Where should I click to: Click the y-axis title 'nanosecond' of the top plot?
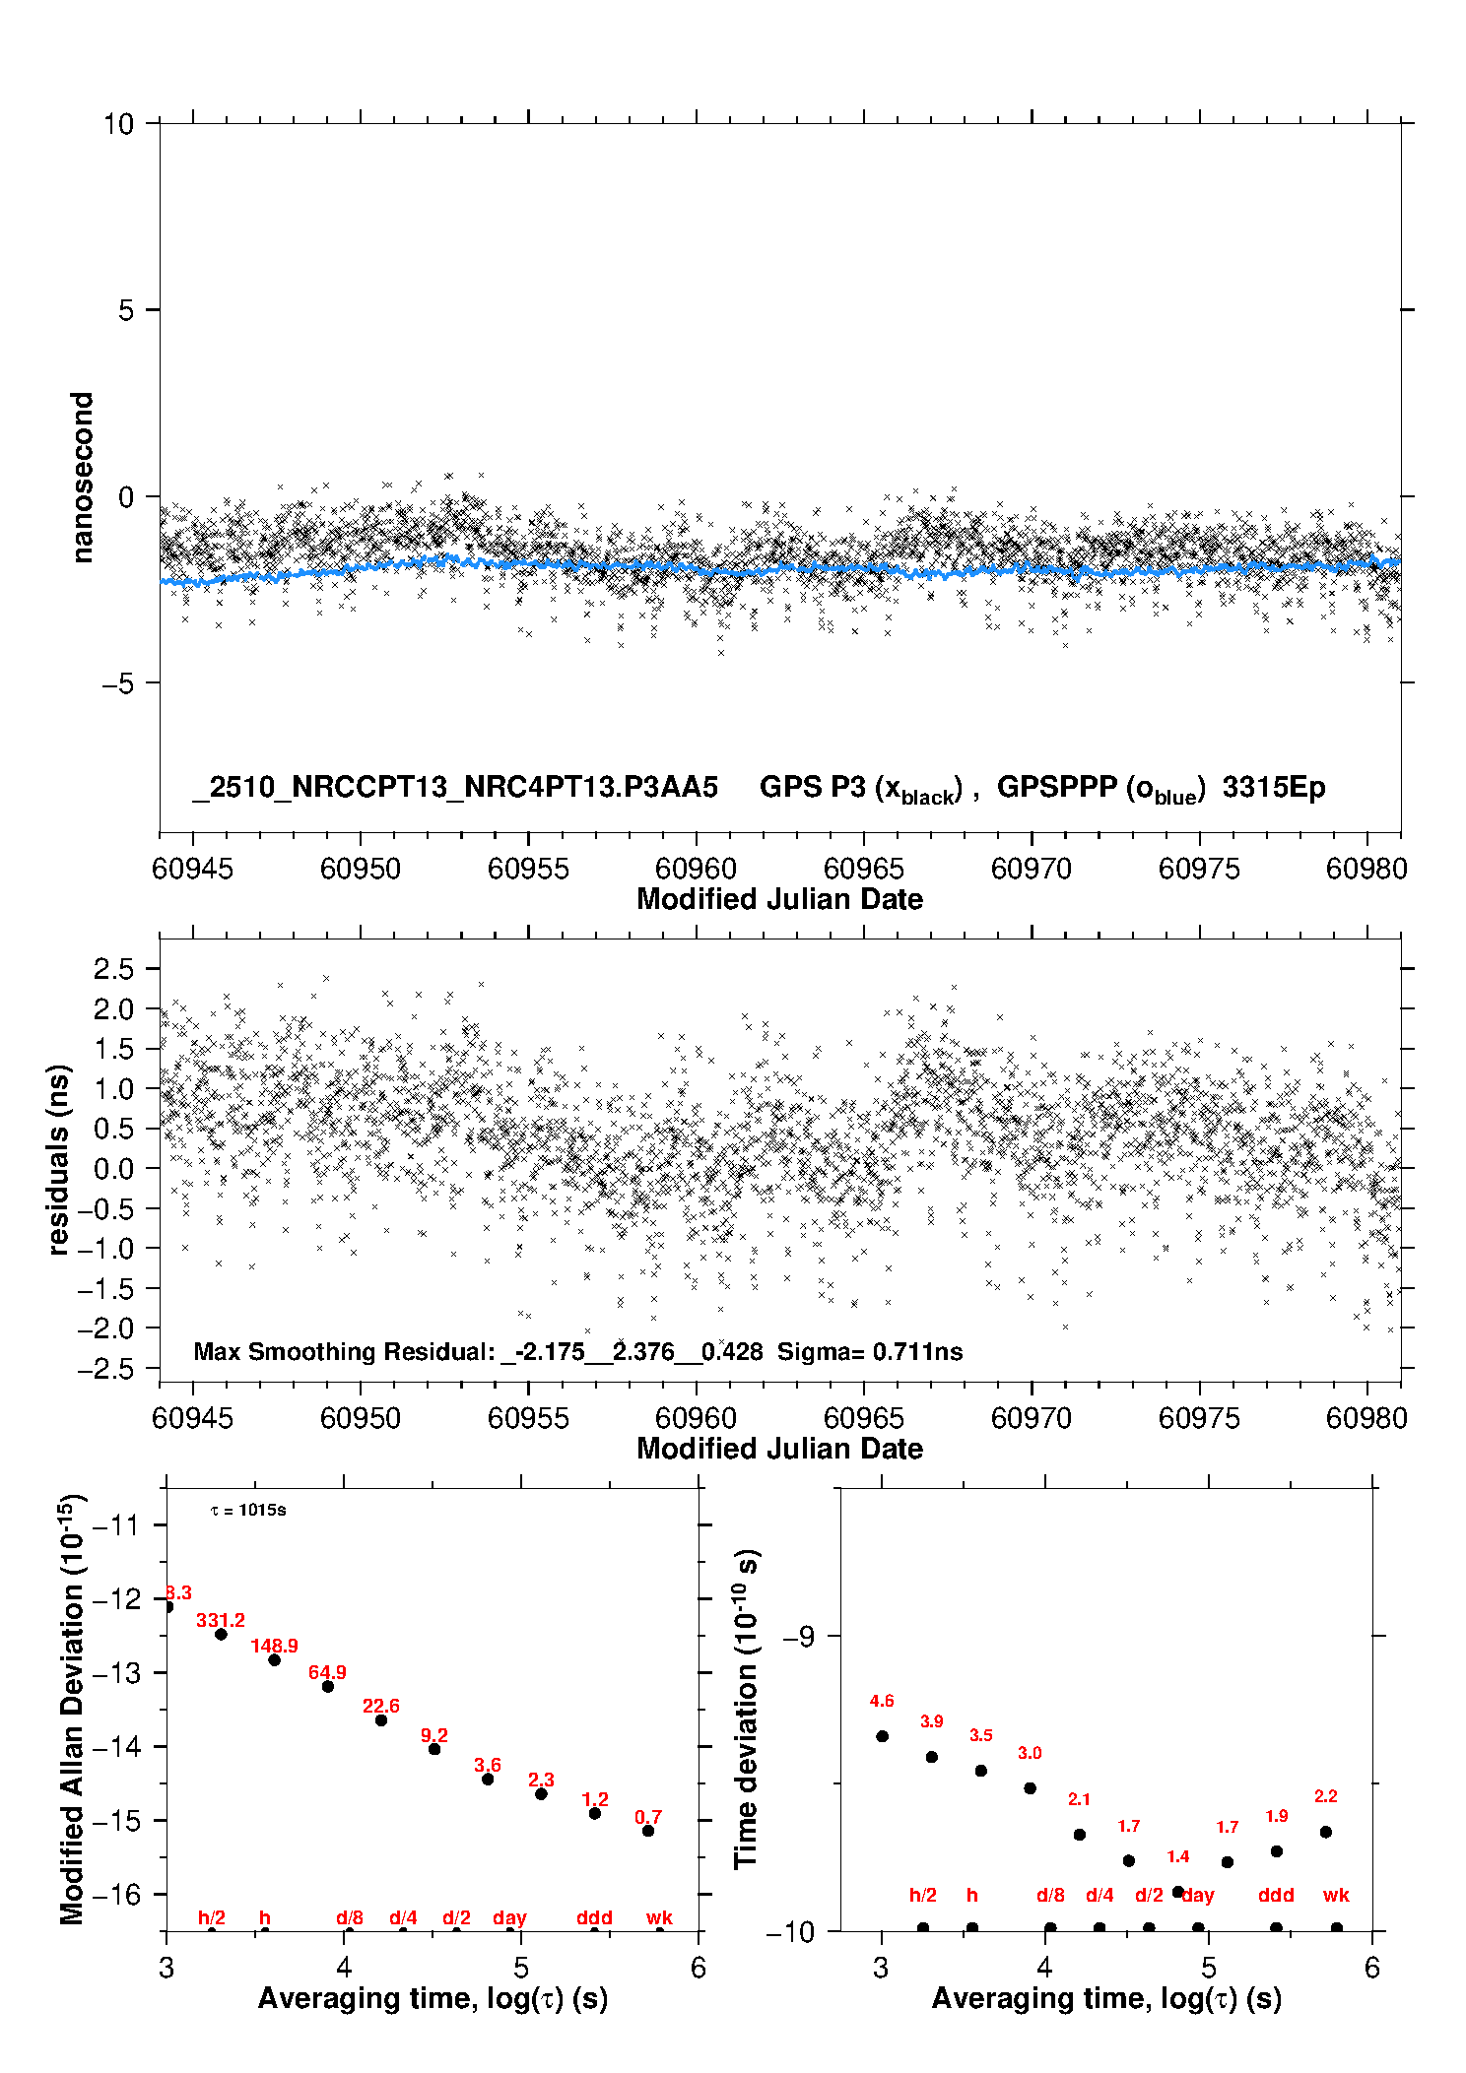(x=82, y=478)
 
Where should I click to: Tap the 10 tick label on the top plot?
(x=118, y=124)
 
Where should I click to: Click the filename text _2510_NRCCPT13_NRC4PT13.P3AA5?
(x=455, y=788)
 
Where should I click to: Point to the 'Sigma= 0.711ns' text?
(x=870, y=1352)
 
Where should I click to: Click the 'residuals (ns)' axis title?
(x=59, y=1160)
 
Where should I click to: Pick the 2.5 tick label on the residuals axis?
(x=113, y=969)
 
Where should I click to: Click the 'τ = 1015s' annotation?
(x=248, y=1511)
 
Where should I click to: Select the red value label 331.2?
(x=221, y=1620)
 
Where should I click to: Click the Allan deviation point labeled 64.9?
(x=328, y=1687)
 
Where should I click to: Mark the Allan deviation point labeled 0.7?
(x=648, y=1831)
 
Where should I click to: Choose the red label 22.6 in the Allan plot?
(x=381, y=1706)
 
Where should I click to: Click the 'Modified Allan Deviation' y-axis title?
(x=72, y=1709)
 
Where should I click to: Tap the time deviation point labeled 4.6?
(x=883, y=1736)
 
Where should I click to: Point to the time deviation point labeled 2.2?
(x=1326, y=1832)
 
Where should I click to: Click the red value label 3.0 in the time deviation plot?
(x=1030, y=1753)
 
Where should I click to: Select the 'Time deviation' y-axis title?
(x=746, y=1709)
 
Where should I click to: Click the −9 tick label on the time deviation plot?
(x=798, y=1637)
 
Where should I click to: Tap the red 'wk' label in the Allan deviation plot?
(x=659, y=1917)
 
